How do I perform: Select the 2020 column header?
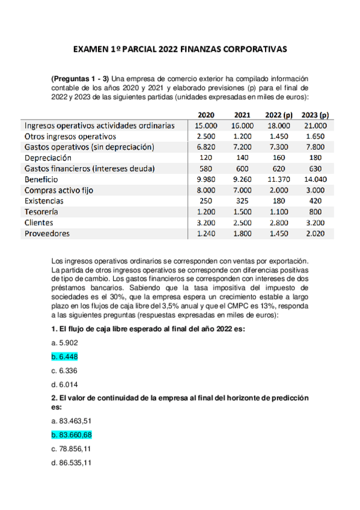(206, 115)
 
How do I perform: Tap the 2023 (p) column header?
(315, 115)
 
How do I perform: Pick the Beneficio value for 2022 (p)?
(278, 179)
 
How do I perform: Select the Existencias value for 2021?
(242, 201)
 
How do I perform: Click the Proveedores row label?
(47, 233)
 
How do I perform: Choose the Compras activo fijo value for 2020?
(206, 190)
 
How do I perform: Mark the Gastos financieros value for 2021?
(242, 168)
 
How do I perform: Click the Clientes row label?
(40, 223)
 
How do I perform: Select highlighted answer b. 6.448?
(65, 356)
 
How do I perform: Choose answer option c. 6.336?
(65, 370)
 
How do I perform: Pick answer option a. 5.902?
(65, 342)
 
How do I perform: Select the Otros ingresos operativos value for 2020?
(206, 137)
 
